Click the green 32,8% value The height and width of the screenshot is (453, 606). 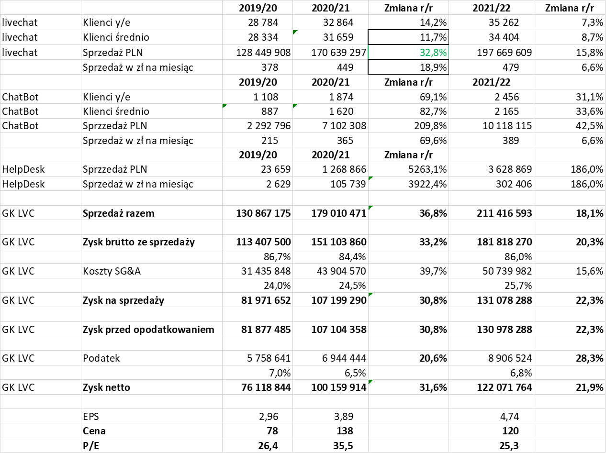pos(433,53)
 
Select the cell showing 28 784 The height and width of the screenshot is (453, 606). pos(263,22)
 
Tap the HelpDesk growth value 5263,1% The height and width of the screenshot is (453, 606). pos(427,169)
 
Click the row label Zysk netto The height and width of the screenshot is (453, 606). pos(106,387)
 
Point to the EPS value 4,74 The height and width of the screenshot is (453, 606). pos(509,416)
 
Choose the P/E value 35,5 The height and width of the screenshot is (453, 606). pos(343,445)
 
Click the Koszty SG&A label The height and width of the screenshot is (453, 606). pos(112,271)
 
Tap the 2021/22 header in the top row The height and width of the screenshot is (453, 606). pos(491,8)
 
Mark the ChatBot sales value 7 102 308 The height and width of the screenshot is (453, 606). pos(344,126)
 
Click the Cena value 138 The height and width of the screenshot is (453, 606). pos(345,431)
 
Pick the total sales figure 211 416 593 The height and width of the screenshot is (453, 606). pos(504,213)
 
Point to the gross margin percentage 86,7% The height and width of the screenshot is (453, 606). pos(277,257)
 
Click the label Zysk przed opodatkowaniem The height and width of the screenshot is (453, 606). pos(148,330)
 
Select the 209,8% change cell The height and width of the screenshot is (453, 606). pos(430,126)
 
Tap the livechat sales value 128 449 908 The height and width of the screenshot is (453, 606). pos(263,53)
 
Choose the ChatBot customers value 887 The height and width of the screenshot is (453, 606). pos(269,111)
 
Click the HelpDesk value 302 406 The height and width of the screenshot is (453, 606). pos(514,184)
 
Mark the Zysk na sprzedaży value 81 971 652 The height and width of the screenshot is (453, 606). pos(266,300)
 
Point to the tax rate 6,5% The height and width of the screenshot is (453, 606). pos(355,373)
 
